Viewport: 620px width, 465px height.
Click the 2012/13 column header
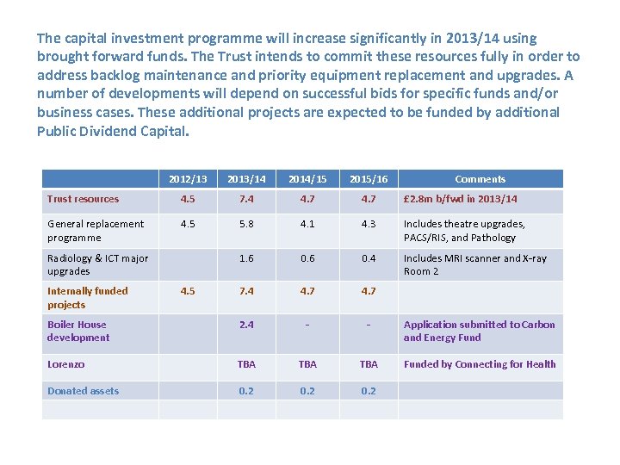point(187,179)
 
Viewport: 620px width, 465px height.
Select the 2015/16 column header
point(369,179)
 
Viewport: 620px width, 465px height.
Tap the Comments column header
point(480,179)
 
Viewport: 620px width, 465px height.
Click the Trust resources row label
point(84,199)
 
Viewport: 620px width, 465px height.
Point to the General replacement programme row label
point(96,231)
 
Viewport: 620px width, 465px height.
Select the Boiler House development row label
point(77,332)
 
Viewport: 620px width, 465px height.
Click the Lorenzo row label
point(66,364)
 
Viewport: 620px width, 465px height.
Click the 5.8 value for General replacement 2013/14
point(246,224)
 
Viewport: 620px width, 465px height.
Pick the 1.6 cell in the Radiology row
point(246,258)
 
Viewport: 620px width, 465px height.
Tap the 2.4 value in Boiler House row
point(246,325)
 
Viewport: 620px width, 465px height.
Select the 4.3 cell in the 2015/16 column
point(369,224)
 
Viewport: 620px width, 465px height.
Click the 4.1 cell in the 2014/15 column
point(307,224)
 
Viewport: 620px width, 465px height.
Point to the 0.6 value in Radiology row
point(307,258)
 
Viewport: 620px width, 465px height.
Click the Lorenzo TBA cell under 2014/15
point(307,364)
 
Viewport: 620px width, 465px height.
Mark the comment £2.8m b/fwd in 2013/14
point(461,199)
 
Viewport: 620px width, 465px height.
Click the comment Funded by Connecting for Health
point(480,364)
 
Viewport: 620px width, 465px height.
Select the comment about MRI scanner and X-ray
point(475,264)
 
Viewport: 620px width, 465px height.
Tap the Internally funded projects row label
point(87,298)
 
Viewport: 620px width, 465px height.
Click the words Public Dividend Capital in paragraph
point(112,132)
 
